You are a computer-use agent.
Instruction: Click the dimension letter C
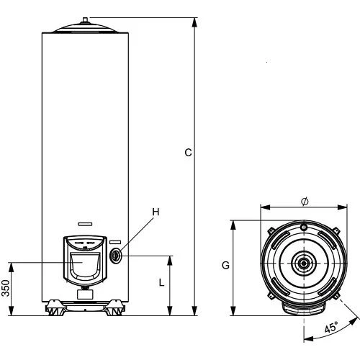[188, 152]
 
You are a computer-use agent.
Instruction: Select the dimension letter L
[161, 284]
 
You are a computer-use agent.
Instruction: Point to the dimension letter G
[225, 265]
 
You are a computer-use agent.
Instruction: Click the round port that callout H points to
[117, 255]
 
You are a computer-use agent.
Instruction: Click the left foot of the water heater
[54, 310]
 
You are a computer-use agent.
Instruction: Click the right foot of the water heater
[114, 310]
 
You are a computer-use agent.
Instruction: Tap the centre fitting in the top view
[304, 264]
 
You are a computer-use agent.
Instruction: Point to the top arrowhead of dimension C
[196, 22]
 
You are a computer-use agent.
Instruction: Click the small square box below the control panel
[85, 293]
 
